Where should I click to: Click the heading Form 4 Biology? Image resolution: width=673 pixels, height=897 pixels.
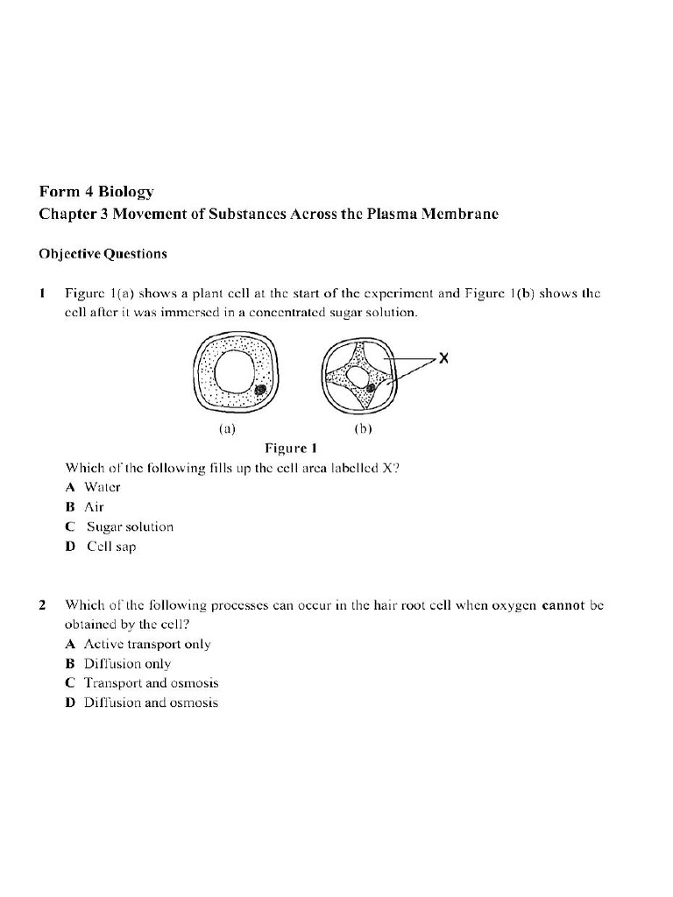click(x=96, y=191)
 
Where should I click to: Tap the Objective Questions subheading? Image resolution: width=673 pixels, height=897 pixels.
click(x=103, y=254)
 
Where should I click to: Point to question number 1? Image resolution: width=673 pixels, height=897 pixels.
click(x=42, y=293)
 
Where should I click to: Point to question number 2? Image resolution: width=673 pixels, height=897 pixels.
click(x=42, y=605)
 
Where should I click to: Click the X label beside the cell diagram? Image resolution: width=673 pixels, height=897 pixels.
click(x=444, y=359)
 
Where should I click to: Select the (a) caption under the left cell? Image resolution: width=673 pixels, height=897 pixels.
click(x=227, y=429)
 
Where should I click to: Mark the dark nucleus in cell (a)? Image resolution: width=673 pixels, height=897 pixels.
click(x=260, y=390)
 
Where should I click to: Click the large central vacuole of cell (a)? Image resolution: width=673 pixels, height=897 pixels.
click(x=234, y=371)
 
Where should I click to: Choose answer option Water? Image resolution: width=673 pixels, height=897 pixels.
click(x=102, y=487)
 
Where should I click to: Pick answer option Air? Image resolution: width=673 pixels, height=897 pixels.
click(x=93, y=507)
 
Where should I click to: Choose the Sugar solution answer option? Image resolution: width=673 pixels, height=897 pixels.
click(x=129, y=526)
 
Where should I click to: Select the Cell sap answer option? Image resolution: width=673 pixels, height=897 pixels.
click(x=110, y=547)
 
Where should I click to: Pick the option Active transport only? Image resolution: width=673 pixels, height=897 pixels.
click(x=146, y=644)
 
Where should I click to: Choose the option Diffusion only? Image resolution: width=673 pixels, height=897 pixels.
click(x=126, y=664)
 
